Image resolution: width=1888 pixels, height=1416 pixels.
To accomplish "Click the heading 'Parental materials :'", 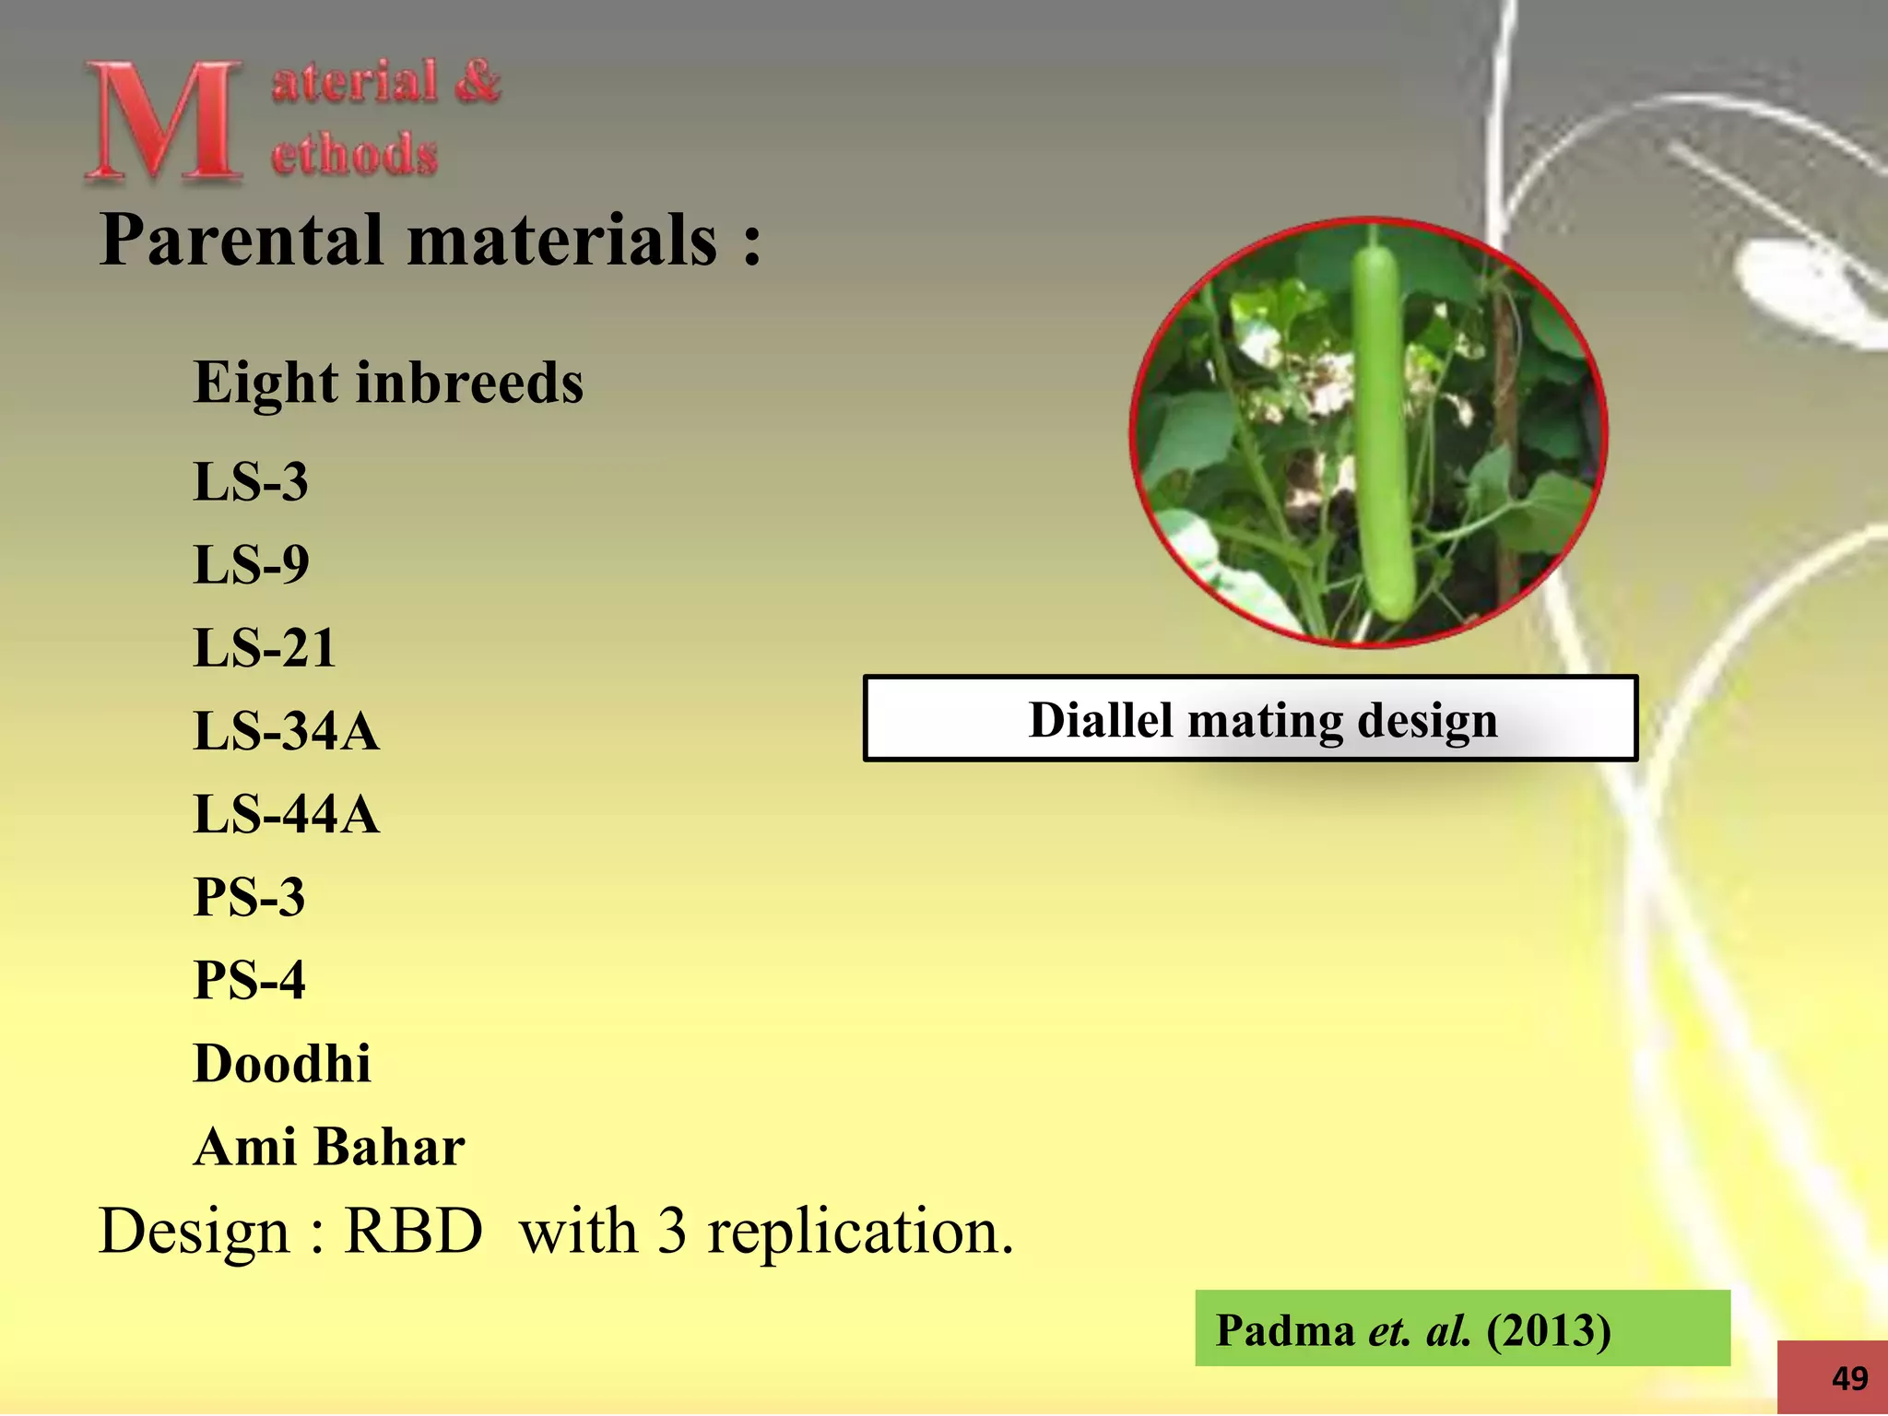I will pyautogui.click(x=430, y=240).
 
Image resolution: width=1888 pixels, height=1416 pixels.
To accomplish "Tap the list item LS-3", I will pyautogui.click(x=250, y=481).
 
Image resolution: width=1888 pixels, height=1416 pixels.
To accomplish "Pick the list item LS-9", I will pyautogui.click(x=251, y=564).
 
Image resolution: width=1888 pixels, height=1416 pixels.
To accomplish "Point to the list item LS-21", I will pyautogui.click(x=264, y=647).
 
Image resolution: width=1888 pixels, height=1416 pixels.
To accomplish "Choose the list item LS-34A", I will pyautogui.click(x=286, y=731).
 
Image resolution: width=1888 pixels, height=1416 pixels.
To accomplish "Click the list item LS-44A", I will pyautogui.click(x=286, y=814).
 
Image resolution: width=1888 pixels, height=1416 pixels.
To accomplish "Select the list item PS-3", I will pyautogui.click(x=249, y=897).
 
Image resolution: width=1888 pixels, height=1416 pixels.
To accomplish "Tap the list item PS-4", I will pyautogui.click(x=249, y=980).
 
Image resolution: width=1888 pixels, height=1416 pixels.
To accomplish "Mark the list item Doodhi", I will pyautogui.click(x=282, y=1063).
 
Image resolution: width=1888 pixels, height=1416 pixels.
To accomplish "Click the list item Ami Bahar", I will pyautogui.click(x=329, y=1147).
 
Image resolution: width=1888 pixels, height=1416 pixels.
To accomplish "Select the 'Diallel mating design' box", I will pyautogui.click(x=1250, y=719).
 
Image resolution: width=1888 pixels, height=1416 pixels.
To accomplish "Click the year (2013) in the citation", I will pyautogui.click(x=1549, y=1330).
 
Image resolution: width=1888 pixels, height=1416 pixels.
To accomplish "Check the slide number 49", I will pyautogui.click(x=1849, y=1378).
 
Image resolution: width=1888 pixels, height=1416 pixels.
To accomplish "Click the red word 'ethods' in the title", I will pyautogui.click(x=354, y=154).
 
